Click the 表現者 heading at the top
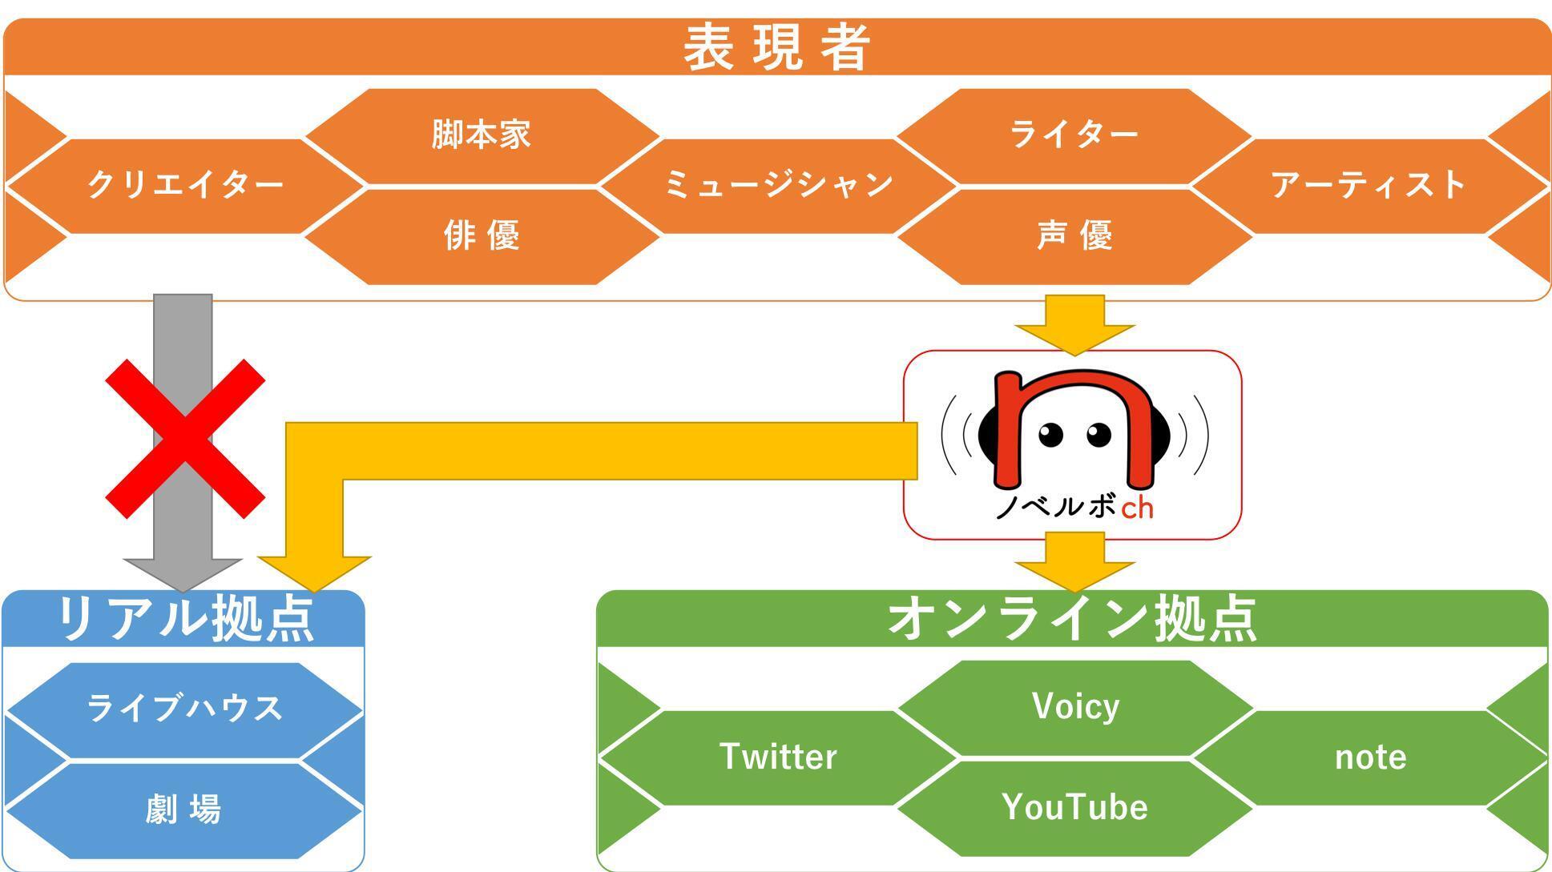(x=776, y=47)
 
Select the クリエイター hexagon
(x=185, y=186)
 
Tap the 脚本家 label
(x=481, y=135)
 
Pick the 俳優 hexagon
(x=481, y=236)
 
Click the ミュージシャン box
(x=778, y=186)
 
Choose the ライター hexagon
(x=1074, y=135)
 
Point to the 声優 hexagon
(x=1074, y=236)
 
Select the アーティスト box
(x=1369, y=186)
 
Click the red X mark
(x=185, y=439)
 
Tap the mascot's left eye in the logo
(x=1050, y=435)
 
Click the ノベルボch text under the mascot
(x=1074, y=507)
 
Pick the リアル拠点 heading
(x=185, y=619)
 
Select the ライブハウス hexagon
(x=185, y=709)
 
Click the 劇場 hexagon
(x=183, y=810)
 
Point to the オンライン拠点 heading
(x=1072, y=619)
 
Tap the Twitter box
(x=778, y=757)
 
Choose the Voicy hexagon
(x=1074, y=707)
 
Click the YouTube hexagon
(x=1074, y=807)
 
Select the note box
(x=1370, y=757)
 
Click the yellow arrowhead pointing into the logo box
(x=1074, y=337)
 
